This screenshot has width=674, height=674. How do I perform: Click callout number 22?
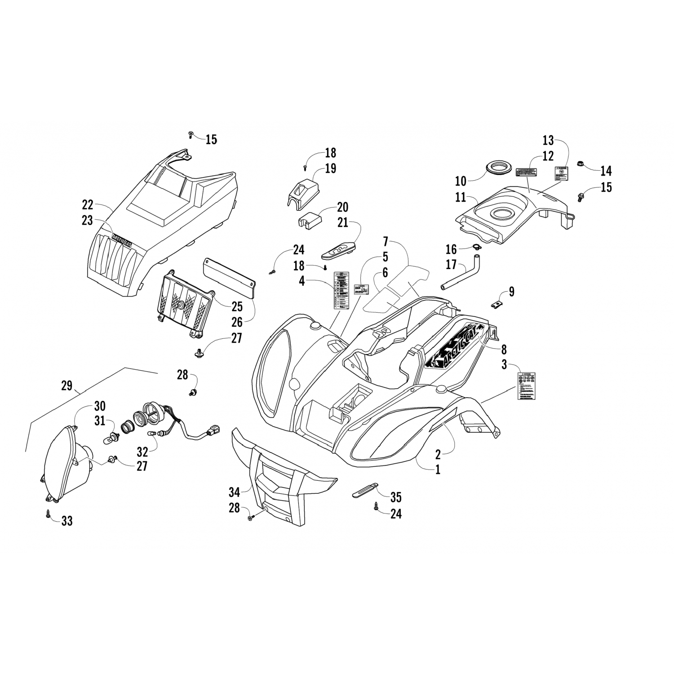coord(88,205)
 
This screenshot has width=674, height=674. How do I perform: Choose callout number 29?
coord(67,386)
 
